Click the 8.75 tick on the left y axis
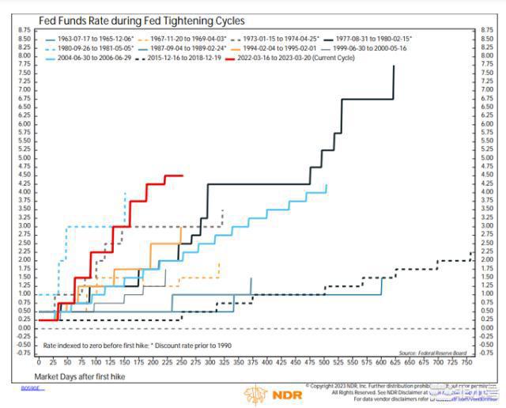(23, 29)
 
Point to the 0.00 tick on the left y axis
(23, 328)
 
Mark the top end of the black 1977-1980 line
(394, 66)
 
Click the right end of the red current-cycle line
(183, 176)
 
